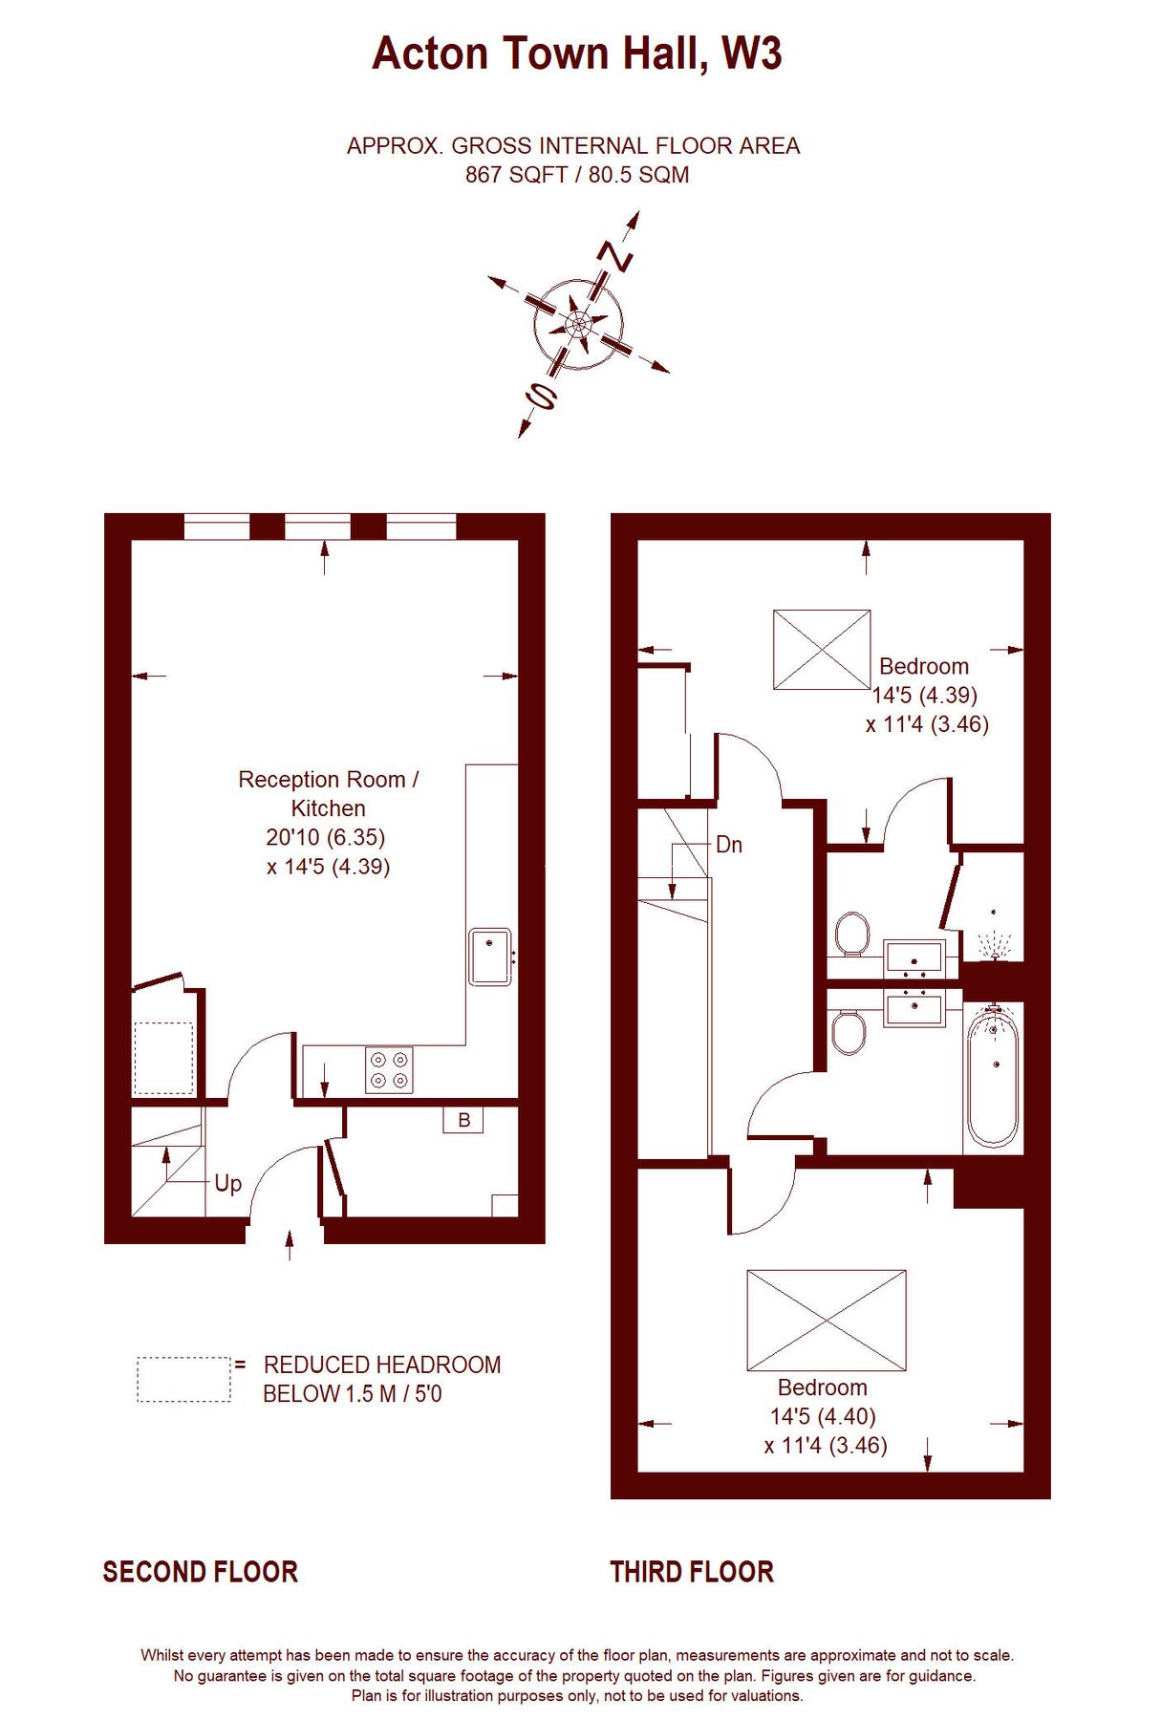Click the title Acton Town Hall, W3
(x=577, y=54)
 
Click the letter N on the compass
(x=615, y=256)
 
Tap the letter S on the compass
(x=542, y=395)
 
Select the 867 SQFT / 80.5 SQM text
(x=577, y=175)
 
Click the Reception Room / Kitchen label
(x=328, y=793)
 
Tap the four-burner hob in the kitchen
(x=390, y=1070)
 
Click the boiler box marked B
(x=463, y=1120)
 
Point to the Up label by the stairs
(x=227, y=1183)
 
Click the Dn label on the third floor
(x=728, y=845)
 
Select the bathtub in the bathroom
(x=993, y=1078)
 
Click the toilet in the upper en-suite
(x=851, y=933)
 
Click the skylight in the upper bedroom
(x=822, y=650)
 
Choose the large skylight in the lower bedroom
(x=827, y=1320)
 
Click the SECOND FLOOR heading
(x=201, y=1572)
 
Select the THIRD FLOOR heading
(x=692, y=1572)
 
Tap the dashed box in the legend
(x=183, y=1379)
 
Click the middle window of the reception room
(x=318, y=527)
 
